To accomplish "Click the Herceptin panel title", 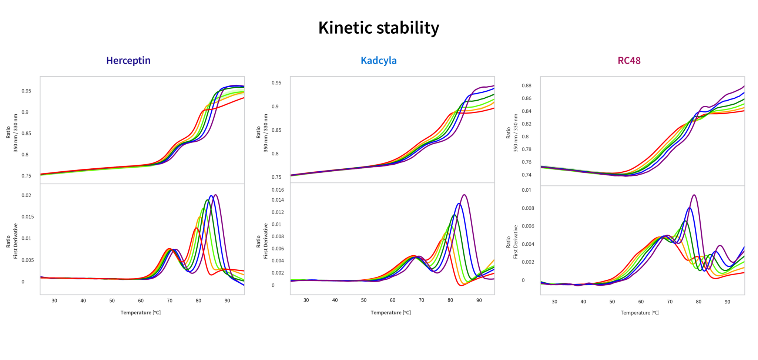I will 128,61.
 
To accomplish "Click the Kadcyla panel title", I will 379,61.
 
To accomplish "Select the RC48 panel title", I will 629,61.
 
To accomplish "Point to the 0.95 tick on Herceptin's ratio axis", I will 26,91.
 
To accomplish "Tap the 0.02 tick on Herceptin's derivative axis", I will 26,195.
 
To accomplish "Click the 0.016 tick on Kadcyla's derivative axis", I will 278,190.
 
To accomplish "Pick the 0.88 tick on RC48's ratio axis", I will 526,86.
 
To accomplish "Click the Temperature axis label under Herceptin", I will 140,313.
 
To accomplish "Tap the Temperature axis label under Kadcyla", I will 390,313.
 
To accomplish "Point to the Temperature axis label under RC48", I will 640,313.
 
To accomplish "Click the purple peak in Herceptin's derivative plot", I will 216,195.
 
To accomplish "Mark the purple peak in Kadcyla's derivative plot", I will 464,195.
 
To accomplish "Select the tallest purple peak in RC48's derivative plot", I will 694,195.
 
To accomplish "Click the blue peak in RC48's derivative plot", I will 689,208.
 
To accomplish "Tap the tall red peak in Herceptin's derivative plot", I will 196,229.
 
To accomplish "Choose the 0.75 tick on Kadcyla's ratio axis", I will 276,177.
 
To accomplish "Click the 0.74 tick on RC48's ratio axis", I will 526,175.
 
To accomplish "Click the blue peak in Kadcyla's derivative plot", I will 459,203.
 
